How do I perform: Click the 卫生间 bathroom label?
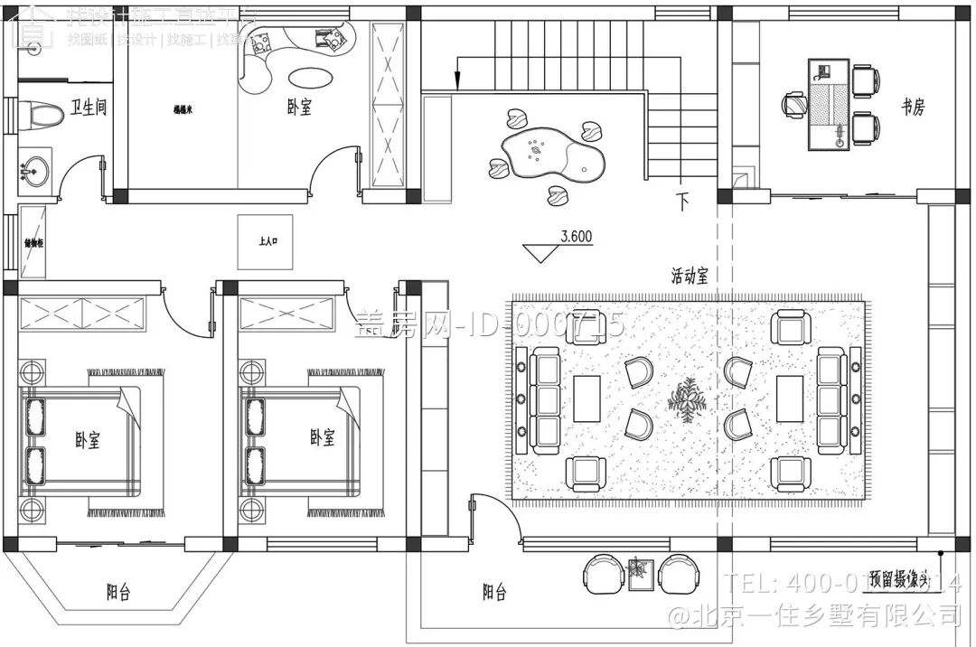point(89,108)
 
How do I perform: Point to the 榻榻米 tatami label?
point(185,109)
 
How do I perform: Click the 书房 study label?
point(913,108)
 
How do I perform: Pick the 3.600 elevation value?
point(576,237)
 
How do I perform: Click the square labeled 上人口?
point(266,242)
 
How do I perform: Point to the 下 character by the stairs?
point(681,202)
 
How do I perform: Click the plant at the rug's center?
point(687,399)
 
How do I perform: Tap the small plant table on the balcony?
point(640,571)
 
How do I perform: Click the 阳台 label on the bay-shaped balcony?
point(118,593)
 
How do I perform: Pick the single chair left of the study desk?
point(794,105)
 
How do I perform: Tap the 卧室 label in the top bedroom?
point(299,108)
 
